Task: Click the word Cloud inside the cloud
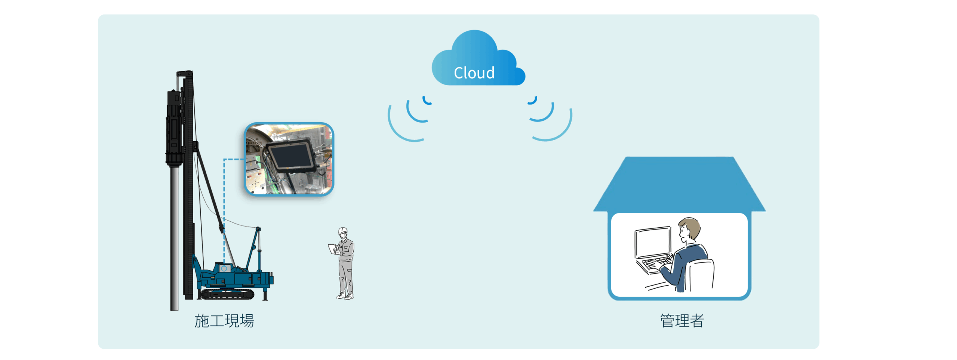474,73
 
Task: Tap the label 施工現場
224,321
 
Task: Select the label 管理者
682,321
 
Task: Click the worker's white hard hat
343,230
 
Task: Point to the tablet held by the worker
332,249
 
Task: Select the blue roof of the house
679,183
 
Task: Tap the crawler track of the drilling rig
227,295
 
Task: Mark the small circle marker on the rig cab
224,268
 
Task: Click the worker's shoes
345,296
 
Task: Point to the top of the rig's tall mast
185,73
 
